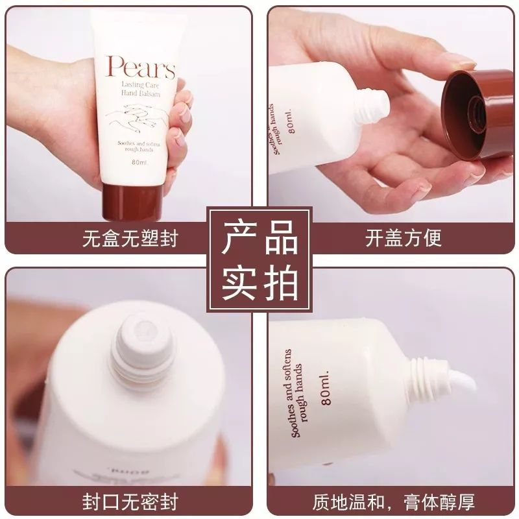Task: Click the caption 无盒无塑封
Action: (130, 237)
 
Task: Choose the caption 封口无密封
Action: (130, 501)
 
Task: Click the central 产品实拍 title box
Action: (259, 259)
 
